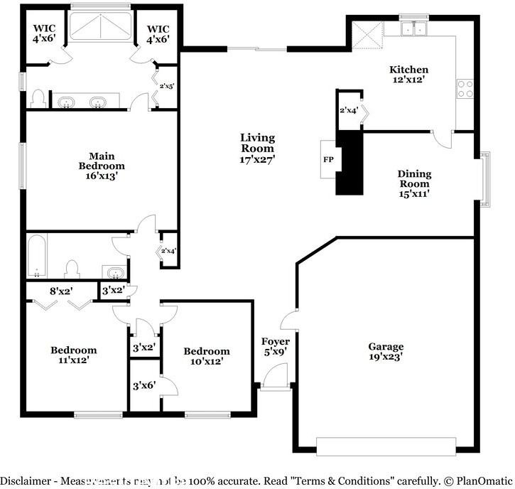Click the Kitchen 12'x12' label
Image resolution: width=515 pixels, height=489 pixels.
pos(408,75)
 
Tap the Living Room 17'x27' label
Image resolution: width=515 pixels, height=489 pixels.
pos(257,149)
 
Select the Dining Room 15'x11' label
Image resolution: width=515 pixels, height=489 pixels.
pos(414,183)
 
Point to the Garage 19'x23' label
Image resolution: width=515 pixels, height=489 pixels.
pos(386,351)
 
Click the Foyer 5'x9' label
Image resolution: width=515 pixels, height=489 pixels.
pos(275,346)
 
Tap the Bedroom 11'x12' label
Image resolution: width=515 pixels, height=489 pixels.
pos(73,355)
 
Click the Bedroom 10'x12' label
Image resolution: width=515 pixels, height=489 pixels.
pos(207,356)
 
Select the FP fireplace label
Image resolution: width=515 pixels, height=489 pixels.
pos(328,160)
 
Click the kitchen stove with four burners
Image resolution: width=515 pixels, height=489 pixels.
pos(465,89)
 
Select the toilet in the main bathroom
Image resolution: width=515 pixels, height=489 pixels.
pos(40,98)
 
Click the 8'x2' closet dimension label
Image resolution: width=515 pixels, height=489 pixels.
pos(62,290)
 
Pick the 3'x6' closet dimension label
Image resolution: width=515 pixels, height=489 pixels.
pos(144,387)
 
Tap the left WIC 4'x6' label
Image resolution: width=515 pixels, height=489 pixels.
pos(44,34)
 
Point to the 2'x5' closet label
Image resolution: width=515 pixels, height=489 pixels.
pos(167,86)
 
